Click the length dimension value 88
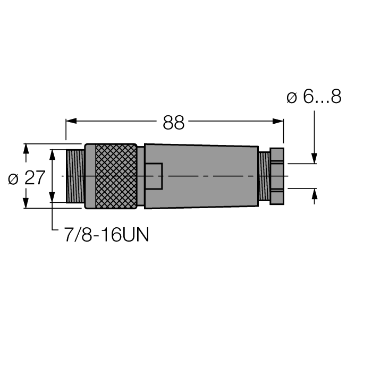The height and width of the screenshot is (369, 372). (x=173, y=123)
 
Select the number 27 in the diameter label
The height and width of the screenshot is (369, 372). (x=35, y=178)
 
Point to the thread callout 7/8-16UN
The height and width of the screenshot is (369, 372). (x=106, y=234)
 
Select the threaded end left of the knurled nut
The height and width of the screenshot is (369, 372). (x=75, y=176)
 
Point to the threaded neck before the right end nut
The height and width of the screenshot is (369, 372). (x=264, y=176)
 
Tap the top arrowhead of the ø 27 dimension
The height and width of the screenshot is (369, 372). (x=25, y=149)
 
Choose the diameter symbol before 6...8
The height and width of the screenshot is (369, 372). (x=291, y=98)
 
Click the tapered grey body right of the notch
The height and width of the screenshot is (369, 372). (x=213, y=176)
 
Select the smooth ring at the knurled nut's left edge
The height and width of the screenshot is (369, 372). (x=89, y=176)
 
